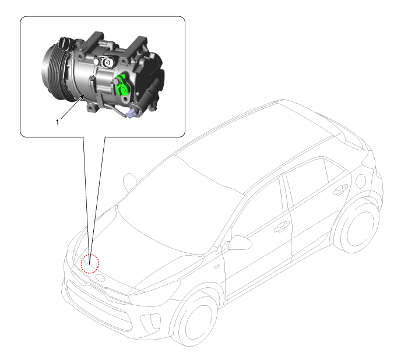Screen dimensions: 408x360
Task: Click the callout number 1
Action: (58, 122)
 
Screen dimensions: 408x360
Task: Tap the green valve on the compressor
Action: (122, 85)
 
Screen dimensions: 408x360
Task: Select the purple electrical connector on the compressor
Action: (133, 112)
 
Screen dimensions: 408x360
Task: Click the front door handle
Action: (282, 227)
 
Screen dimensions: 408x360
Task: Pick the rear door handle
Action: (340, 189)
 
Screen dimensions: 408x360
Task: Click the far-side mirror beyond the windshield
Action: (130, 181)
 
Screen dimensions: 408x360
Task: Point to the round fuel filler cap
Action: (361, 181)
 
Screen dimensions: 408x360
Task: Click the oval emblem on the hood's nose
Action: (100, 278)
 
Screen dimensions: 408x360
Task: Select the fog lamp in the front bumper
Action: (150, 322)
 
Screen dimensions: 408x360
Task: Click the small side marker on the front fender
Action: (217, 267)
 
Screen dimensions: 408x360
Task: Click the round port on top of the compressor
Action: (107, 62)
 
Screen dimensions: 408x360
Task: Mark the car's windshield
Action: (180, 206)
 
